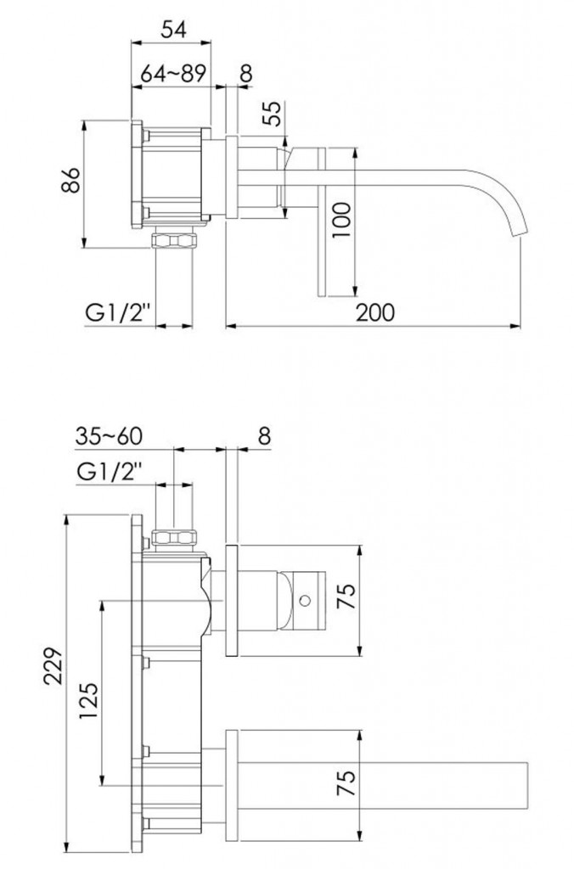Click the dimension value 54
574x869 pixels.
173,29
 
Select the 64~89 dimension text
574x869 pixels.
173,73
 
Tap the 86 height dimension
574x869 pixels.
71,180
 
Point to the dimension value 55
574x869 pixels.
272,114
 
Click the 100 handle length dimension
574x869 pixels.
341,220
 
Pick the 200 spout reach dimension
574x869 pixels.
375,312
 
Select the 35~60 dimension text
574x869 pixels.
109,436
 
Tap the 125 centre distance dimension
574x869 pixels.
89,700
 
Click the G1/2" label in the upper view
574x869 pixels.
118,313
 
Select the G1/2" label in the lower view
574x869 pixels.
110,472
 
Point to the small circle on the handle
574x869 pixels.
304,600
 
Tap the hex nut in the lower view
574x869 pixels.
175,537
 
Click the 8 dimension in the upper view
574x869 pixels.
246,73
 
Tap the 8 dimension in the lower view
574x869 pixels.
265,436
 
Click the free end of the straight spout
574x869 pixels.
526,783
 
